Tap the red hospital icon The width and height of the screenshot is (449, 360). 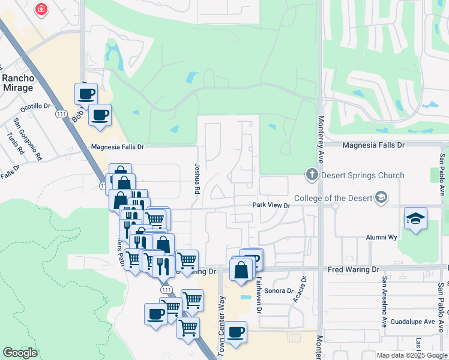point(41,10)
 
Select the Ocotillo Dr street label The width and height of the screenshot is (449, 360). point(35,107)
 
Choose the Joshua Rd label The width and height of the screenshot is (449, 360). point(196,179)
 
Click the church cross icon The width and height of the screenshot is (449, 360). point(312,175)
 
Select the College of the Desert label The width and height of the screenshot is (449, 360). point(334,199)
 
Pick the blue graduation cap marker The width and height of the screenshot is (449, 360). point(415,219)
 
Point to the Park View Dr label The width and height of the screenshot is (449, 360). point(271,205)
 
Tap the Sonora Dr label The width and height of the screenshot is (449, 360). point(277,290)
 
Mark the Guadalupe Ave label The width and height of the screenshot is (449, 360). point(412,322)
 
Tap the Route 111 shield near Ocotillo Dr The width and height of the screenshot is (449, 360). point(61,113)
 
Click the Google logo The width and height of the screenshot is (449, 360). point(20,353)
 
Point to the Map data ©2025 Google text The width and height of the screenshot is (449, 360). point(411,355)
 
